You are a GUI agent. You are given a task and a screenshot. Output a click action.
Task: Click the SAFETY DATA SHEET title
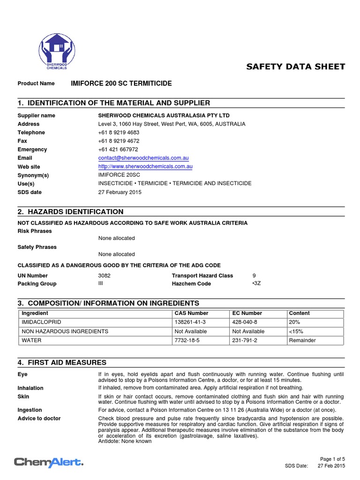pos(295,67)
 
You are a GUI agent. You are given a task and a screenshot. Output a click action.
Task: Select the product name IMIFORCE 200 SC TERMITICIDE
pos(121,83)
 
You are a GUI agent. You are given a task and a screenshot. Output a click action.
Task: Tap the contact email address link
pos(143,158)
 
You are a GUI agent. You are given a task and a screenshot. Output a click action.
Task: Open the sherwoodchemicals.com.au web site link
pos(145,166)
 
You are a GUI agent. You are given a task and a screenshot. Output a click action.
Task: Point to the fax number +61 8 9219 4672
pos(119,141)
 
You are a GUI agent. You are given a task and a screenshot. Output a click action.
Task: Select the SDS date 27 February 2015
pos(120,192)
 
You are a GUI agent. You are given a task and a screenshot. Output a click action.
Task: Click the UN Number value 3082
pos(105,276)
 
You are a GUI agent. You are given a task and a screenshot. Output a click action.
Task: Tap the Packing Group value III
pos(101,284)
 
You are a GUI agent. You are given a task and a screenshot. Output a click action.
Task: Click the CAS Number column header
pos(191,313)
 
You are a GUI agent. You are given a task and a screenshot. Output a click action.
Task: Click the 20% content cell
pos(294,322)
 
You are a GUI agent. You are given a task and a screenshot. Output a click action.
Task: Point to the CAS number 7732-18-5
pos(187,340)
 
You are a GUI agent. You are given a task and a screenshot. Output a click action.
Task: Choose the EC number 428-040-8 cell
pos(245,322)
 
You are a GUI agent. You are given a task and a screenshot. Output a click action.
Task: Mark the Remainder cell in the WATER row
pos(302,340)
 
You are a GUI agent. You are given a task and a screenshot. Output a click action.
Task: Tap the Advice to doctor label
pos(39,418)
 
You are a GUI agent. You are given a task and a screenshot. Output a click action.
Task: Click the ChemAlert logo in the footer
pos(49,462)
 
